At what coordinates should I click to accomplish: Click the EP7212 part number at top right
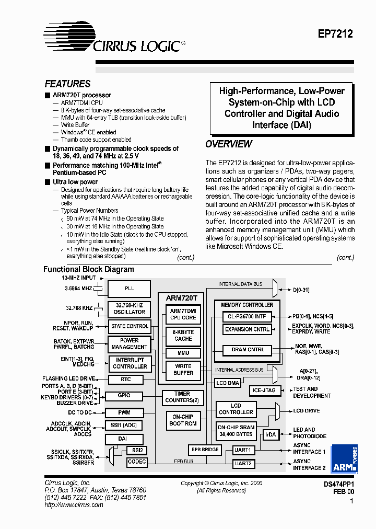[335, 34]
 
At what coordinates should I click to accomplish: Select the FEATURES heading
[67, 84]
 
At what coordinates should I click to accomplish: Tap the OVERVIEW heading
[229, 144]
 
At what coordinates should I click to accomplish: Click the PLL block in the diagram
[129, 289]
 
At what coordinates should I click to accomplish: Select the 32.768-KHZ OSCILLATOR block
[129, 308]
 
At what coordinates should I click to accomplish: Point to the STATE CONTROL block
[130, 326]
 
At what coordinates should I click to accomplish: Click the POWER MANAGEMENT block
[129, 343]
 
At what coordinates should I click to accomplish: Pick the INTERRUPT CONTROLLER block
[130, 363]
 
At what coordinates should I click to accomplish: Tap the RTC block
[125, 380]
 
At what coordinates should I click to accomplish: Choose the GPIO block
[124, 396]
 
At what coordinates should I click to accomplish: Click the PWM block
[124, 412]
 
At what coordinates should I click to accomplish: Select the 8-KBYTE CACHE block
[183, 335]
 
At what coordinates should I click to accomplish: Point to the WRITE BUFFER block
[183, 369]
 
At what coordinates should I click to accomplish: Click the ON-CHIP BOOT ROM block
[183, 420]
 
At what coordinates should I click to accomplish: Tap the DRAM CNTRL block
[248, 349]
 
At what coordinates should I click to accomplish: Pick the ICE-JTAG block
[264, 390]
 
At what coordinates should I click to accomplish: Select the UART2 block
[243, 463]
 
